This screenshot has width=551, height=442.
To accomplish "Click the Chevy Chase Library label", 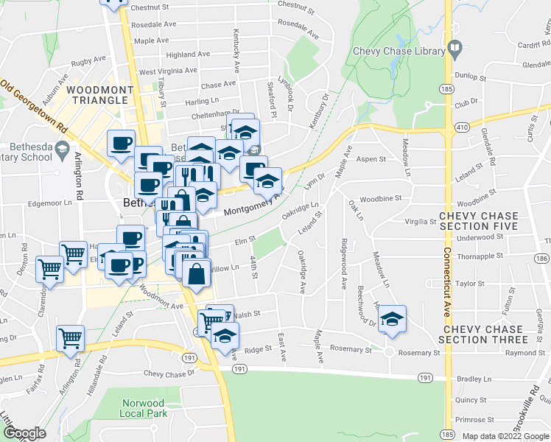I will coord(399,52).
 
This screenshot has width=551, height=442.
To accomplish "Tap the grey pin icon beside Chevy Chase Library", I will coord(455,50).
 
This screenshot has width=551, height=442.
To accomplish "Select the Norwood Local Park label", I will coord(143,408).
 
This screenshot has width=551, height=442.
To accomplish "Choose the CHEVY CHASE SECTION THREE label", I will coord(482,334).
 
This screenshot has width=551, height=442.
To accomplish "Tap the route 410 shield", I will coord(461,127).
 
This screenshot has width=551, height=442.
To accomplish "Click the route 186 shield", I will coord(541,258).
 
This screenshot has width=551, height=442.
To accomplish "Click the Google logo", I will coord(24,433).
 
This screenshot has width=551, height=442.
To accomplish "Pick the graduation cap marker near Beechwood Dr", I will coord(392,320).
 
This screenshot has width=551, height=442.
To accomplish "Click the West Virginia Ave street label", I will coord(168,71).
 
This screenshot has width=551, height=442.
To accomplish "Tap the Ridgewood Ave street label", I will coord(344,263).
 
